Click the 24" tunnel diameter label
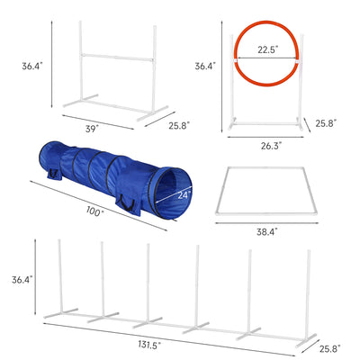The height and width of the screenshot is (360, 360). click(x=183, y=193)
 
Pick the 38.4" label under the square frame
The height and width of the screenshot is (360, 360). click(x=266, y=232)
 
